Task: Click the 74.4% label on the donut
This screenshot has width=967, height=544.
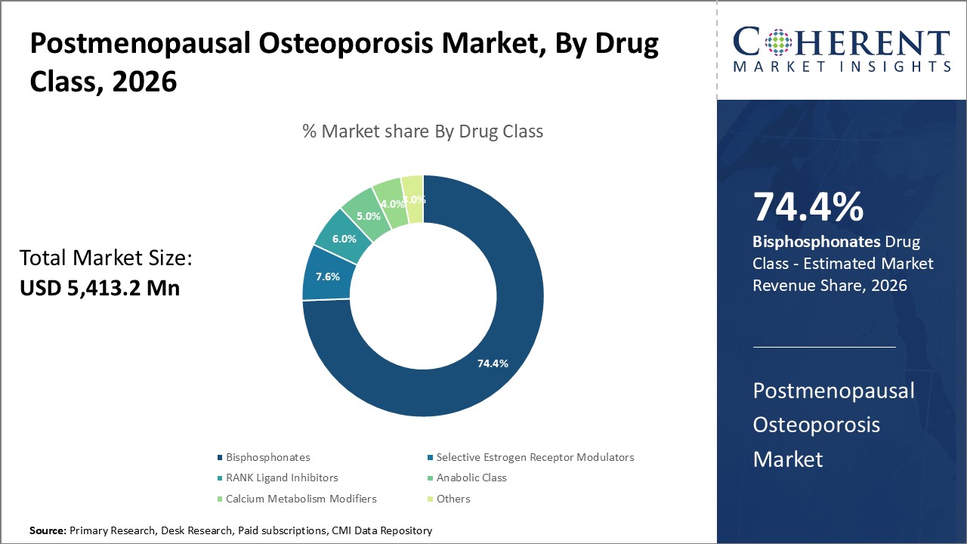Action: pyautogui.click(x=493, y=363)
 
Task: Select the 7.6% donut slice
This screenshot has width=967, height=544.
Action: pyautogui.click(x=327, y=276)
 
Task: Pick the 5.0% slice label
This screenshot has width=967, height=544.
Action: pyautogui.click(x=369, y=215)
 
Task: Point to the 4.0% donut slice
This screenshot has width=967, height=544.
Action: pyautogui.click(x=392, y=204)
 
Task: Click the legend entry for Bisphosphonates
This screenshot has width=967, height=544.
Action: pyautogui.click(x=267, y=457)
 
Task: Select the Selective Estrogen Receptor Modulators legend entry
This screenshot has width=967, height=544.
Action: pyautogui.click(x=535, y=457)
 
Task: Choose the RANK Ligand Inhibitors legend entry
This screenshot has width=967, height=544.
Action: pyautogui.click(x=282, y=478)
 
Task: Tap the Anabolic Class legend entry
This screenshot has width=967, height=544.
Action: pyautogui.click(x=471, y=478)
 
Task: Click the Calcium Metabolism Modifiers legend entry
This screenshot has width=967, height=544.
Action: pyautogui.click(x=301, y=499)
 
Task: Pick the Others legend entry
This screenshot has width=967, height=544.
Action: pyautogui.click(x=453, y=499)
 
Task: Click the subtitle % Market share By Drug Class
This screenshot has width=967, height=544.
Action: pyautogui.click(x=422, y=131)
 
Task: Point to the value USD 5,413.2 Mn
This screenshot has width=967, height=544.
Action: pyautogui.click(x=100, y=288)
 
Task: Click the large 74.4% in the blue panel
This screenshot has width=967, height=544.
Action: pyautogui.click(x=808, y=208)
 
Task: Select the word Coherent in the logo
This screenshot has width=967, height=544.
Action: pyautogui.click(x=842, y=42)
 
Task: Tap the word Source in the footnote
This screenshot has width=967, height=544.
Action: pyautogui.click(x=48, y=531)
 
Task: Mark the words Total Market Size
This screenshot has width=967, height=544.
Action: pyautogui.click(x=106, y=259)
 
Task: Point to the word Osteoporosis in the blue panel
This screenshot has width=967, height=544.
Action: pyautogui.click(x=816, y=425)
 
